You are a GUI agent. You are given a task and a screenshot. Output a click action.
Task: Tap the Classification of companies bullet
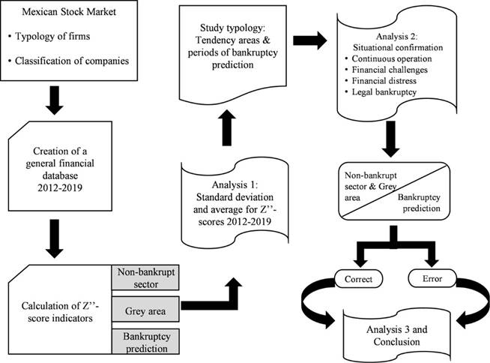pos(73,58)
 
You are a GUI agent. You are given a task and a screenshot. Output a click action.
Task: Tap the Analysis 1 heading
pos(232,175)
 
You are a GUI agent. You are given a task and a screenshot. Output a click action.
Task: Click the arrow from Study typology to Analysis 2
pos(310,37)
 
